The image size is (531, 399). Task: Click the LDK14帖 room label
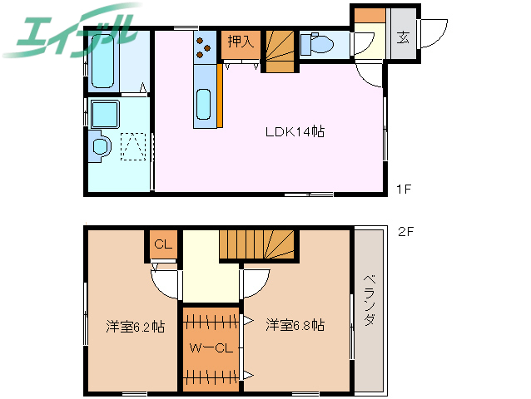(x=295, y=131)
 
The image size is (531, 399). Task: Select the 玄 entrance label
(x=403, y=37)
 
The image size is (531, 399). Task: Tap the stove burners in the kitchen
(x=204, y=46)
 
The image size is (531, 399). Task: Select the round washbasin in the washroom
(x=101, y=145)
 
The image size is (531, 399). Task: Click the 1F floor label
(x=404, y=190)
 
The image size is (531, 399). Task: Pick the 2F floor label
(x=405, y=232)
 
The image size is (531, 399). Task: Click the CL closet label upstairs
(x=163, y=244)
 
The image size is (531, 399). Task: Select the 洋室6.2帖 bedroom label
(x=135, y=326)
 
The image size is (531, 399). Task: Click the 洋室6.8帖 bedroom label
(x=295, y=325)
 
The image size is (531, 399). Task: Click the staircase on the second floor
(x=257, y=245)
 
